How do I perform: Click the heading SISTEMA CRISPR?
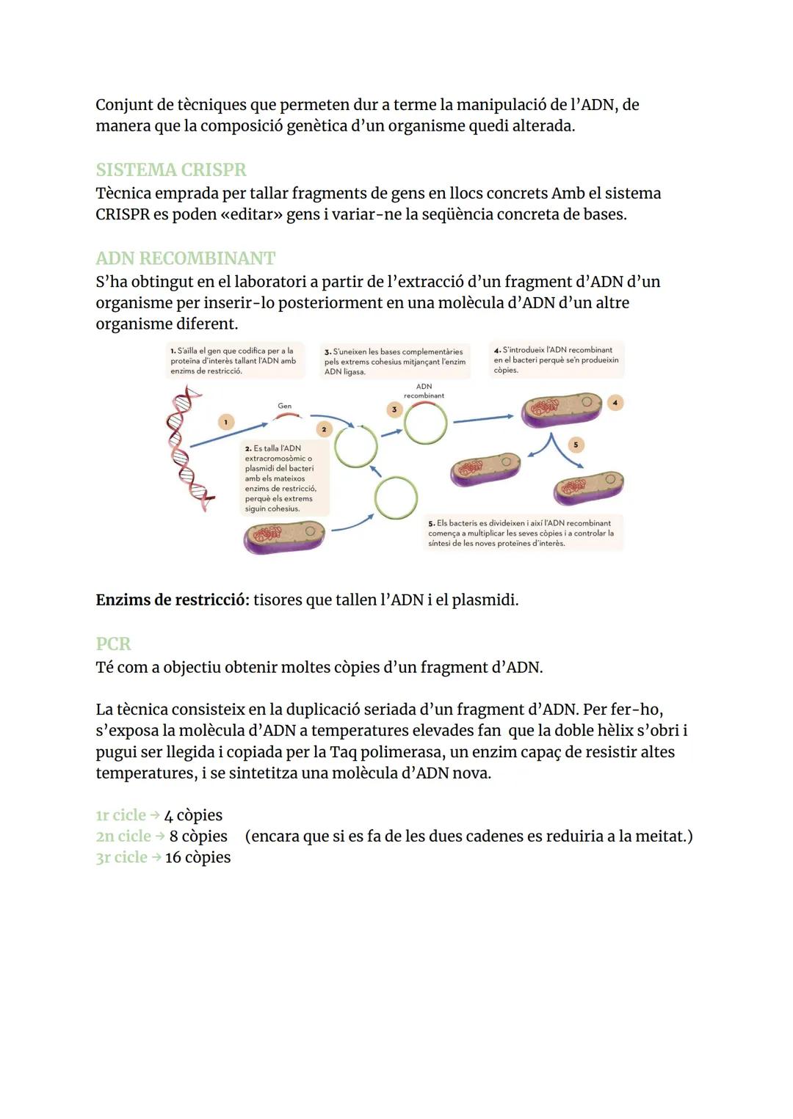tap(170, 170)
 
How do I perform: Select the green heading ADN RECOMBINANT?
tap(185, 258)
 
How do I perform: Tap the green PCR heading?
tap(113, 644)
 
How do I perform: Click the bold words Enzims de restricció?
tap(172, 599)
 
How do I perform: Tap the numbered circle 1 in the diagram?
tap(226, 421)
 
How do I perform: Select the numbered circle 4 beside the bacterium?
tap(615, 403)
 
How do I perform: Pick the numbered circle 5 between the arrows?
tap(576, 445)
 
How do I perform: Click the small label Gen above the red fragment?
tap(284, 406)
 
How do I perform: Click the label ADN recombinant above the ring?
tap(424, 390)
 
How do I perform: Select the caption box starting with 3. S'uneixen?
tap(395, 362)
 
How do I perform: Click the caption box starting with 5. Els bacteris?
tap(523, 533)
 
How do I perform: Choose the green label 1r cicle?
tap(120, 815)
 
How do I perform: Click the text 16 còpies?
tap(198, 857)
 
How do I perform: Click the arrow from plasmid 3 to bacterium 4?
tap(482, 419)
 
